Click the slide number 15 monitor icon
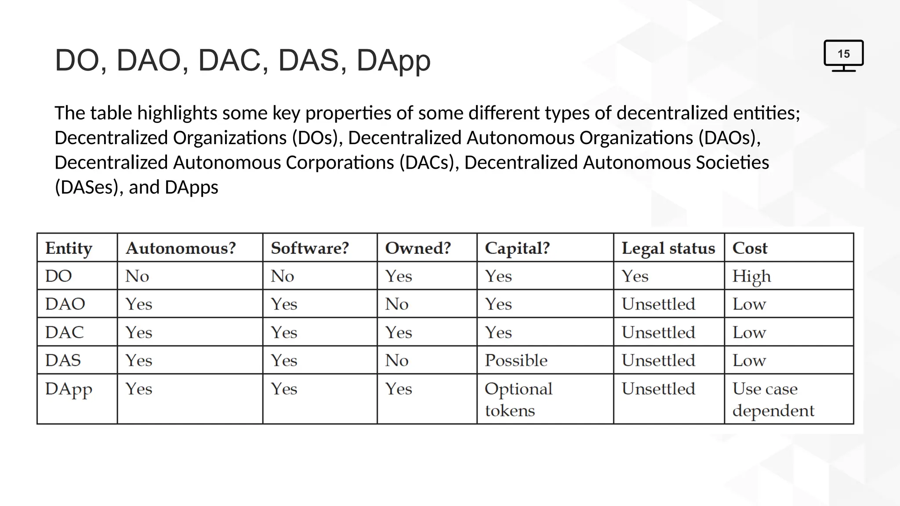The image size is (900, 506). click(843, 55)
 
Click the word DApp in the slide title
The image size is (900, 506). click(393, 61)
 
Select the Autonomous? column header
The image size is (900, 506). click(181, 248)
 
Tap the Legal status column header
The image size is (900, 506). click(668, 248)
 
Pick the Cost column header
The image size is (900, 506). click(750, 248)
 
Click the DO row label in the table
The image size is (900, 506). click(58, 276)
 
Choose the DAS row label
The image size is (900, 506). click(63, 361)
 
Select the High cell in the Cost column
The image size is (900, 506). click(751, 277)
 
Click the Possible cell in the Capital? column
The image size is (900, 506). click(516, 361)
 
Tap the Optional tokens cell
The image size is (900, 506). click(518, 399)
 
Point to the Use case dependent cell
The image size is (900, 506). click(773, 399)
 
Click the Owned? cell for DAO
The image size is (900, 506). click(397, 304)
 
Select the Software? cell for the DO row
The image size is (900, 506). click(282, 276)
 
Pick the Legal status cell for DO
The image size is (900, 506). click(635, 276)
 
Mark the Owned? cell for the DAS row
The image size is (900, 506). click(397, 361)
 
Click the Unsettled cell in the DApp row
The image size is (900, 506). click(658, 389)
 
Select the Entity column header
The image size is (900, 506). click(69, 248)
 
